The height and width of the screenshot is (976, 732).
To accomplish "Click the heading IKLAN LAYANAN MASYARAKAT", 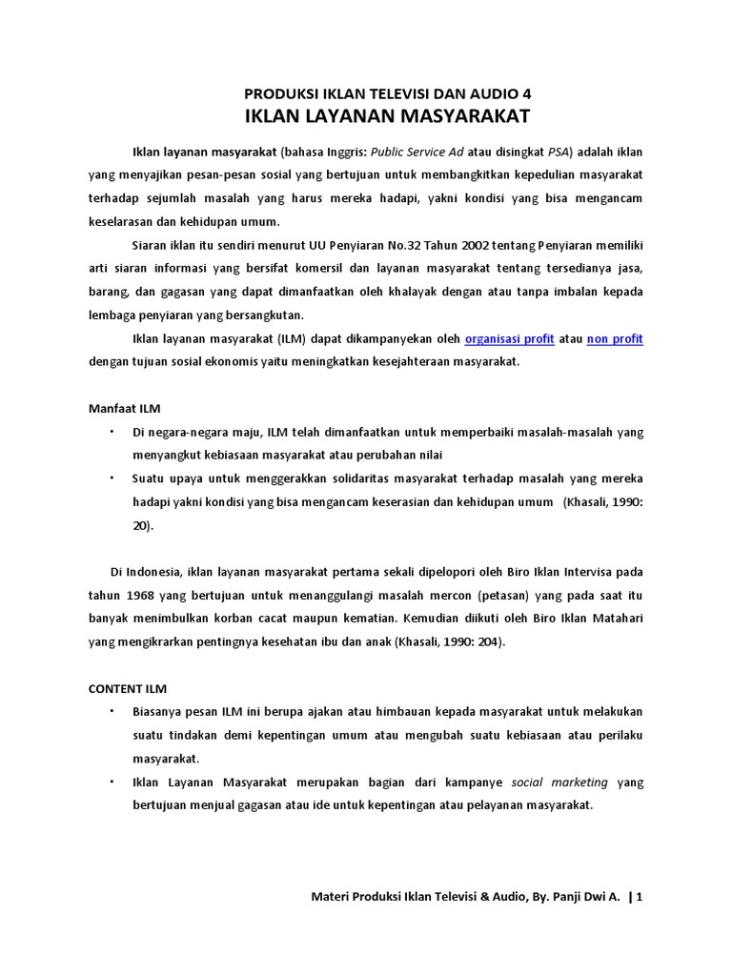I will (387, 117).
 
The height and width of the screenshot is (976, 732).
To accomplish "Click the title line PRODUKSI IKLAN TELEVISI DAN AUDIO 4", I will (387, 93).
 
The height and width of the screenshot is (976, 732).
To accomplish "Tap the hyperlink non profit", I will (615, 339).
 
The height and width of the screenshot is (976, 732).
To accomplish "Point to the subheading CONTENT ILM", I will (128, 688).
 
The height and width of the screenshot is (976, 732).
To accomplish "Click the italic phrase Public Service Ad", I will (416, 152).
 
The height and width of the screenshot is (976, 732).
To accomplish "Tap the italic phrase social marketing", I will (559, 783).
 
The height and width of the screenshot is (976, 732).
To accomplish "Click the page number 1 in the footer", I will (640, 897).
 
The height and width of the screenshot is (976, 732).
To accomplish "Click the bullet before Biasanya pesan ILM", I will (111, 711).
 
